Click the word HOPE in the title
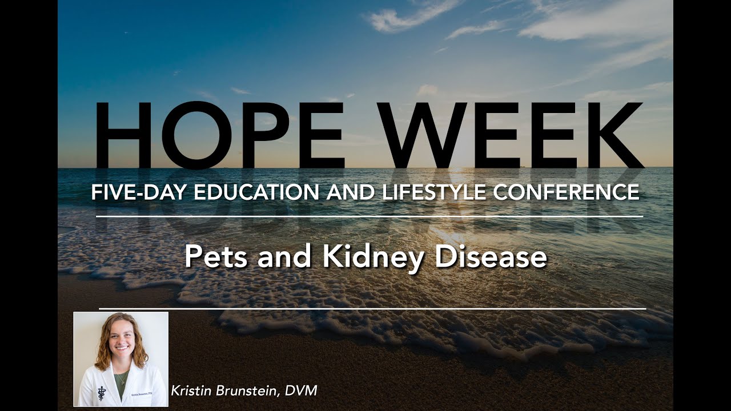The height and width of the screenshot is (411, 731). (x=220, y=136)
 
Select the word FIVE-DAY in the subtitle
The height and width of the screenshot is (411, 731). (x=139, y=192)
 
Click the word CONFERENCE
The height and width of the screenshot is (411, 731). (x=566, y=192)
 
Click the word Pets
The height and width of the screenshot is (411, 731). (x=218, y=257)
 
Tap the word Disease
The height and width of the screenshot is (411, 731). (x=491, y=257)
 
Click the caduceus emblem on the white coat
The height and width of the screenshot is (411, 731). (x=101, y=392)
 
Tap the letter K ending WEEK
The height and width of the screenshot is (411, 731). (x=614, y=136)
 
